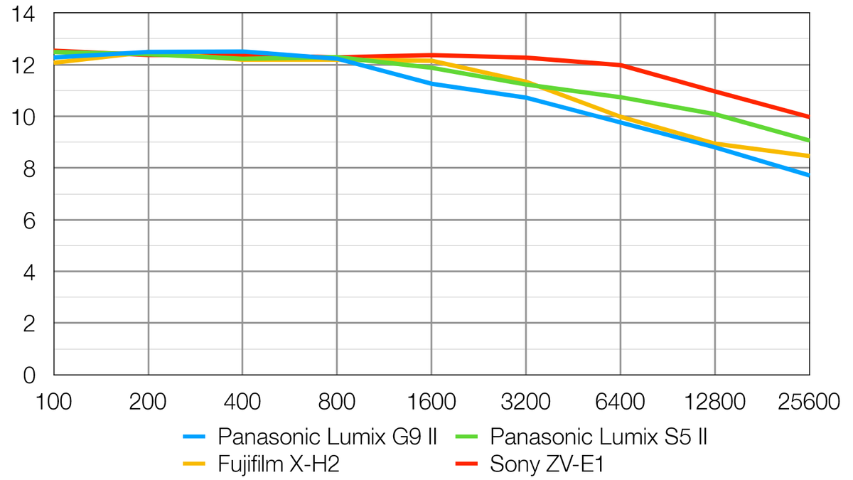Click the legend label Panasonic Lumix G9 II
tap(327, 435)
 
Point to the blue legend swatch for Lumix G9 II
tap(194, 435)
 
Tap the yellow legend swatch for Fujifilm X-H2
tap(194, 464)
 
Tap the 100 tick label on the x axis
tap(54, 402)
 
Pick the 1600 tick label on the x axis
tap(431, 402)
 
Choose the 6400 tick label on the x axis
tap(621, 402)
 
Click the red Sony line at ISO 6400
tap(621, 65)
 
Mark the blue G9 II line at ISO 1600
tap(431, 83)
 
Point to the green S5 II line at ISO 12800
tap(715, 114)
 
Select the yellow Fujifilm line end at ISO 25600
tap(808, 156)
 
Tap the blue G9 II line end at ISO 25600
tap(808, 175)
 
